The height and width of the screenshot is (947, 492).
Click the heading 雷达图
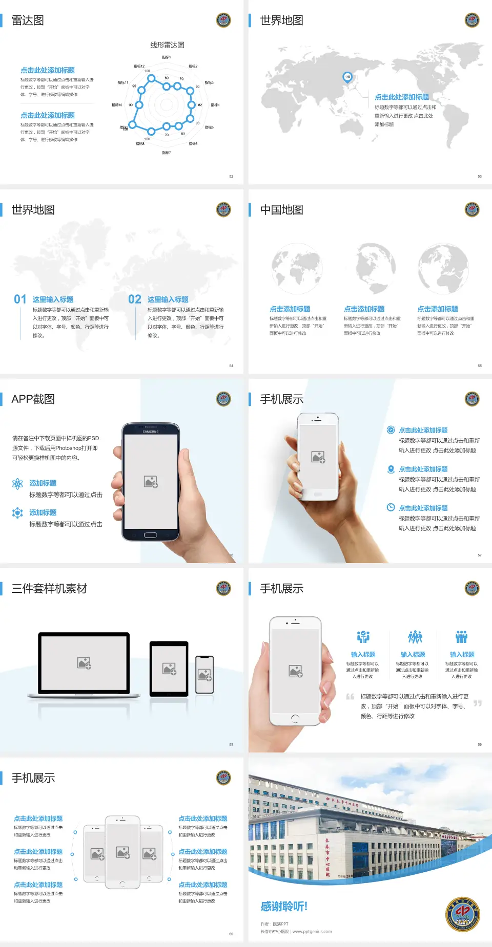coord(28,20)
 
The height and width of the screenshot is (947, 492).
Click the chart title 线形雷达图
coord(167,45)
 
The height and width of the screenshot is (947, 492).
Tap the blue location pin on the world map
coord(347,77)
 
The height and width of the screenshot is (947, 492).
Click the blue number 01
coord(20,299)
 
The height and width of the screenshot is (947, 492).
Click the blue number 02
coord(135,299)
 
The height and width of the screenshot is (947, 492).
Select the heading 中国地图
coord(281,210)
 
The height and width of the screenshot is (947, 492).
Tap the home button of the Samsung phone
coord(150,535)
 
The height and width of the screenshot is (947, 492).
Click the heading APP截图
coord(33,399)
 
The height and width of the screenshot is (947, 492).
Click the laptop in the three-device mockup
coord(84,664)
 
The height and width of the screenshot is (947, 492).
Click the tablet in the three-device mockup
coord(169,668)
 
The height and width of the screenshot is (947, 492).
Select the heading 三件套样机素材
coord(49,589)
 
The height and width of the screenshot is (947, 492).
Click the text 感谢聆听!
coord(284,907)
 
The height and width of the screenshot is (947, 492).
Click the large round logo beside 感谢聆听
coord(462,914)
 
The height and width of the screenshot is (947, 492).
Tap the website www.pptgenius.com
coord(312,932)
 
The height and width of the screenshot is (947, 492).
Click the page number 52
coord(231,176)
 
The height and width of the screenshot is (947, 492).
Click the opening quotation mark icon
coord(350,697)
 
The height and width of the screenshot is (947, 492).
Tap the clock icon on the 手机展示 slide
coord(391,507)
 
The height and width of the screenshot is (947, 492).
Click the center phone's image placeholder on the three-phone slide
coord(122,852)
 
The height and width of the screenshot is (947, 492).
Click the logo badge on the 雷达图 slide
coord(223,20)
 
